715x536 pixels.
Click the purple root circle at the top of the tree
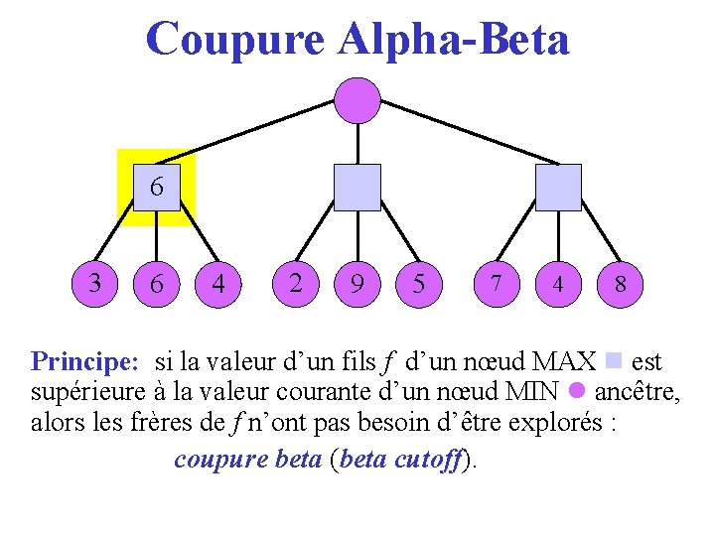pyautogui.click(x=357, y=99)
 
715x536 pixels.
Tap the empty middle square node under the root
pyautogui.click(x=357, y=188)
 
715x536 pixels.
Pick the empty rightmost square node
pyautogui.click(x=558, y=188)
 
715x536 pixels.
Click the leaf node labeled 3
pyautogui.click(x=95, y=283)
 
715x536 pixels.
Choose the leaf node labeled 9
pyautogui.click(x=357, y=284)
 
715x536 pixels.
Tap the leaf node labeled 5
pyautogui.click(x=419, y=284)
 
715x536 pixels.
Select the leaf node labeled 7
pyautogui.click(x=496, y=284)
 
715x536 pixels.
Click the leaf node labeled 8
pyautogui.click(x=620, y=284)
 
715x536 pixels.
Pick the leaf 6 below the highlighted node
pyautogui.click(x=157, y=284)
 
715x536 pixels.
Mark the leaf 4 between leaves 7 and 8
pyautogui.click(x=558, y=284)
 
